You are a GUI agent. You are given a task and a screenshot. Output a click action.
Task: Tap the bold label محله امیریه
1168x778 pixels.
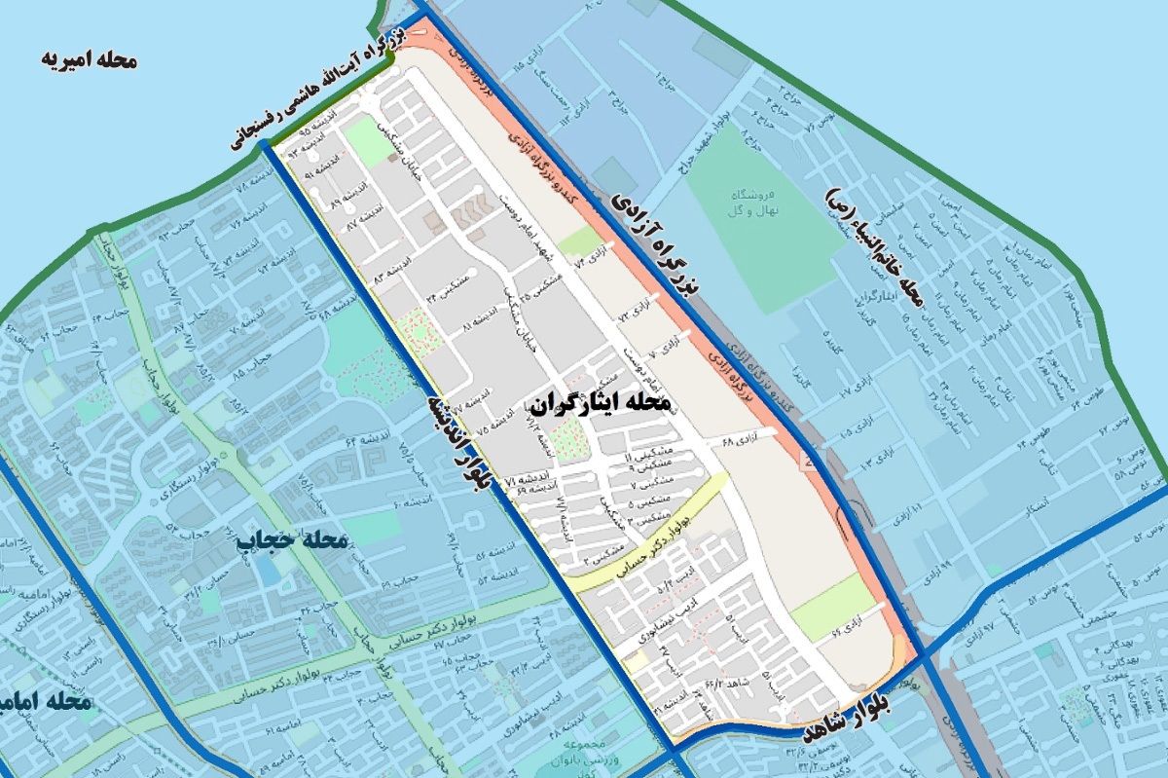[x=90, y=60]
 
